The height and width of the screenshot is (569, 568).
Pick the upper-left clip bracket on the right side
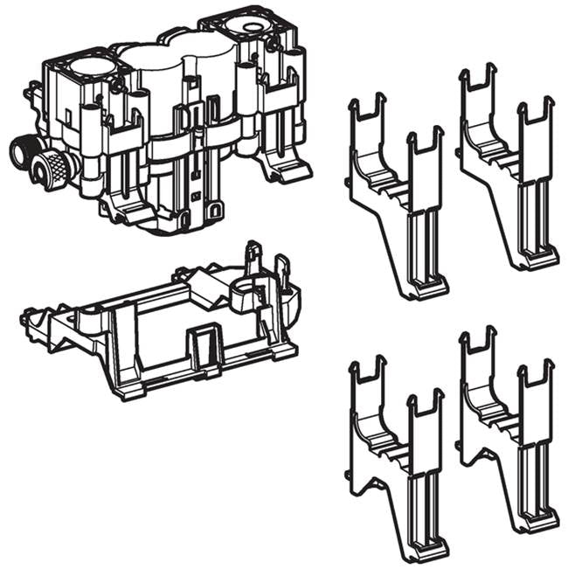(x=398, y=192)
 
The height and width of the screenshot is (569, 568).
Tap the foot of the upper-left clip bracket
(x=428, y=288)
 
